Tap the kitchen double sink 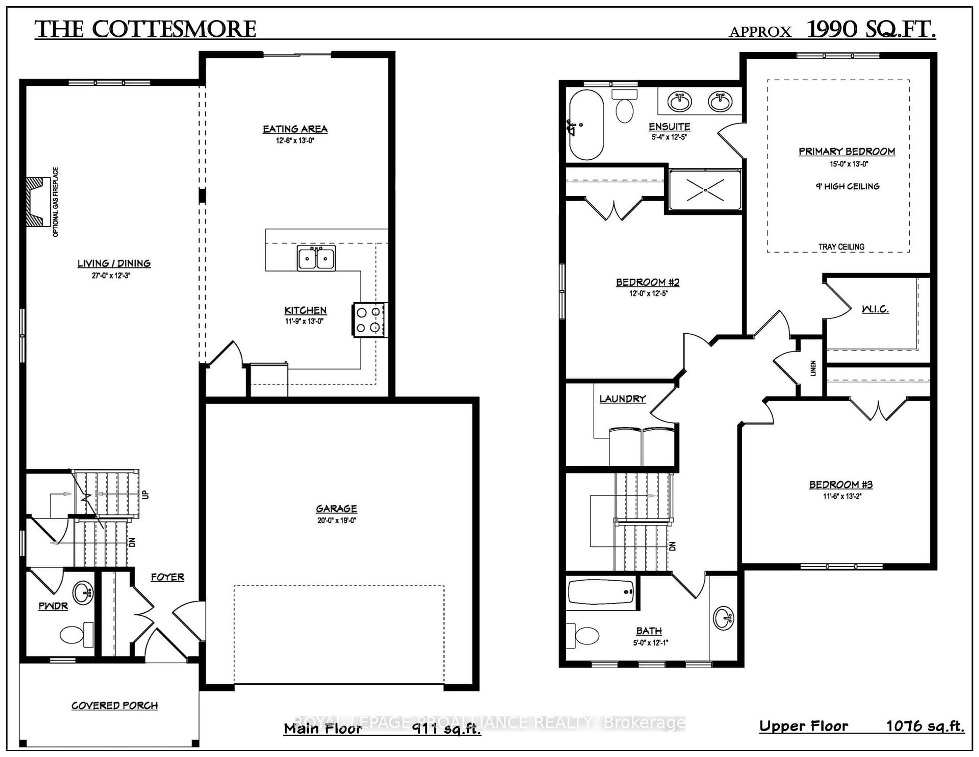[316, 258]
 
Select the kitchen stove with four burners [369, 320]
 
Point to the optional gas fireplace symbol [38, 202]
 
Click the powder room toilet [74, 635]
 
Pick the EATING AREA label [295, 129]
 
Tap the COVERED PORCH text [115, 705]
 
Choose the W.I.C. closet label [875, 309]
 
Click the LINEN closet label [813, 368]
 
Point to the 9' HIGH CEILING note [847, 186]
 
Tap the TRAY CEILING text [841, 247]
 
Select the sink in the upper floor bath [723, 618]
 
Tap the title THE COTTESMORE [145, 30]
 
